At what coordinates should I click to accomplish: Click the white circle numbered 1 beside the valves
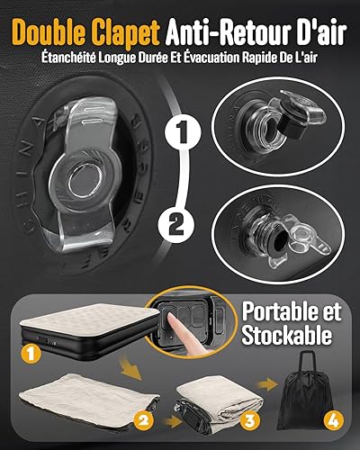(183, 132)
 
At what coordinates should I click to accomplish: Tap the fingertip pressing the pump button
(170, 317)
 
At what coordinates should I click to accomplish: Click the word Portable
(292, 311)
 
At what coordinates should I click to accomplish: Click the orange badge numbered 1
(31, 354)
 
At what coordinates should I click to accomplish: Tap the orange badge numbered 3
(249, 419)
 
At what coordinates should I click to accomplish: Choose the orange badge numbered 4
(334, 420)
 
